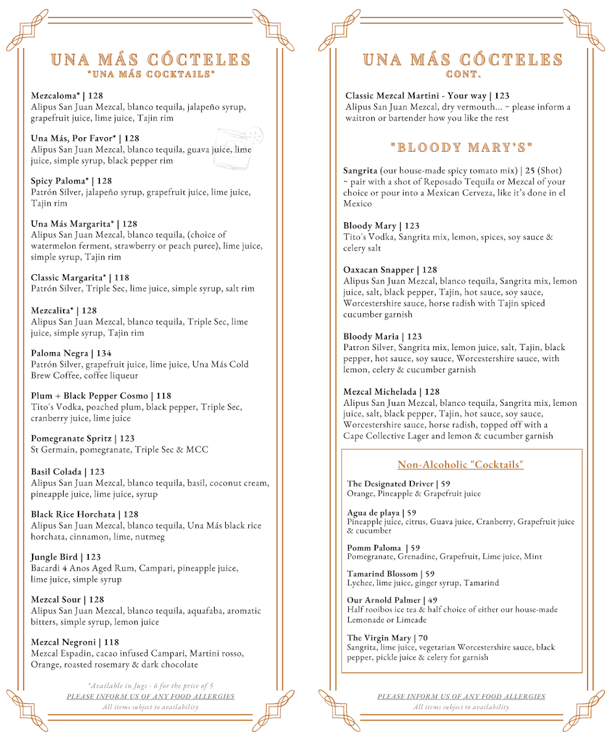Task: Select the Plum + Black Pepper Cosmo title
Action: (89, 396)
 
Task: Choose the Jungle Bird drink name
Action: (54, 557)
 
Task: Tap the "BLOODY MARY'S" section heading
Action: (462, 148)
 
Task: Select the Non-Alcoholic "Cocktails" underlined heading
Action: (460, 465)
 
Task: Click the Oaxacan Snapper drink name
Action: (378, 270)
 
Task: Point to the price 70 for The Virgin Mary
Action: (422, 638)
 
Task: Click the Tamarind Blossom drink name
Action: (382, 574)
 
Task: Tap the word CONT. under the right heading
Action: (463, 75)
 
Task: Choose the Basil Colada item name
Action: (56, 472)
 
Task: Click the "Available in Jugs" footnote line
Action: (151, 685)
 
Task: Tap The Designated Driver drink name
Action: (390, 484)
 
